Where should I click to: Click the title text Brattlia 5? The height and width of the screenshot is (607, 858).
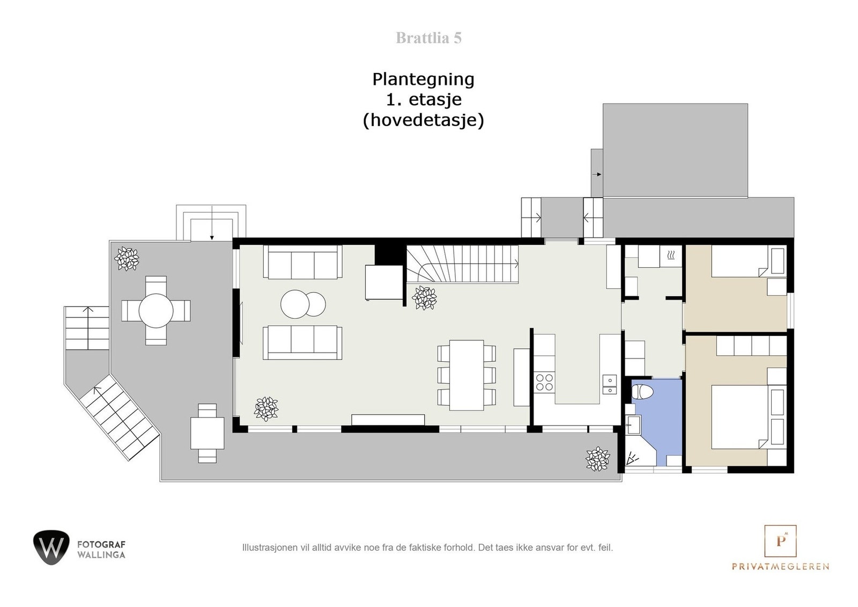pos(428,38)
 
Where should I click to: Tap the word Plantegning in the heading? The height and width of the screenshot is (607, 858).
pos(423,79)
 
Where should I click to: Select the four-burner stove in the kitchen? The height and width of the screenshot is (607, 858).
pos(544,382)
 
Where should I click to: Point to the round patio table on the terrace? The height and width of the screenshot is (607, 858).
pos(156,310)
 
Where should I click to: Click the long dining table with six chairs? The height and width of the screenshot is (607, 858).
pos(467,375)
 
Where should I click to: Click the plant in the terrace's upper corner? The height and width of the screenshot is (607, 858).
pos(127,259)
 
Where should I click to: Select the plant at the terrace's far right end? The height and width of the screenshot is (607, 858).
pos(597,459)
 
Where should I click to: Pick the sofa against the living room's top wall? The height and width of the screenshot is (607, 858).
pos(302,262)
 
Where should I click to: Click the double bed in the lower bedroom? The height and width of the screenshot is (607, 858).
pos(740,416)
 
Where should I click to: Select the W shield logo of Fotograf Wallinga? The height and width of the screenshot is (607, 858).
pos(51,547)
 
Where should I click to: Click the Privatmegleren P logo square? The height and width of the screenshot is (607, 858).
pos(780,540)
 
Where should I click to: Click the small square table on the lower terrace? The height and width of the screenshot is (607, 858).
pos(207,434)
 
